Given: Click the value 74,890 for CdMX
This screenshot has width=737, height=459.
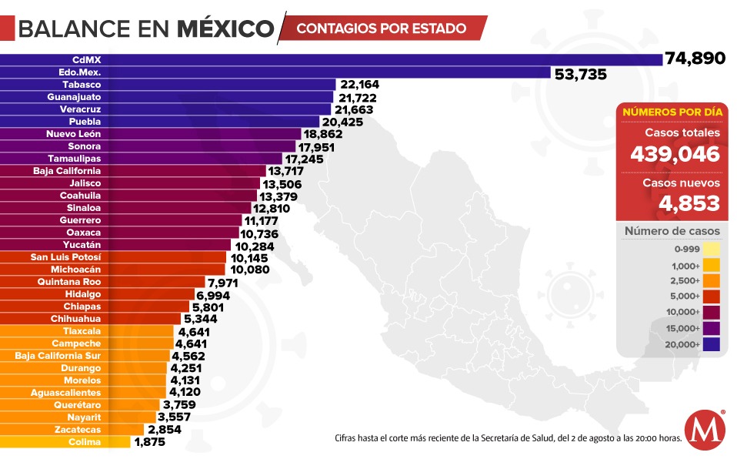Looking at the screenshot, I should pos(695,59).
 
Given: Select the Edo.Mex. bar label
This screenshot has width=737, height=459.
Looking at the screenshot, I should pos(80,72).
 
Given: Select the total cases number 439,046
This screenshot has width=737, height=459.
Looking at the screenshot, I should pos(675,154).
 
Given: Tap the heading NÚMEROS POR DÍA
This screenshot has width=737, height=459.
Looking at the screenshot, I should pos(672,112).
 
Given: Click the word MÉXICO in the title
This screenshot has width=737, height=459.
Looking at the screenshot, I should pos(225,29).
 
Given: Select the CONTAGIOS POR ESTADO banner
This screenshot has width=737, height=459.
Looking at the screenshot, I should pos(381,28).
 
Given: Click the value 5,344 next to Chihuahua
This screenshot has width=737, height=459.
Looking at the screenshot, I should pos(199,319).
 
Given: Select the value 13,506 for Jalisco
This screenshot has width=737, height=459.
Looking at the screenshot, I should pos(282,183).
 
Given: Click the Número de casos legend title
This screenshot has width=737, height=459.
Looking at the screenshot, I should pos(672,231).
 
